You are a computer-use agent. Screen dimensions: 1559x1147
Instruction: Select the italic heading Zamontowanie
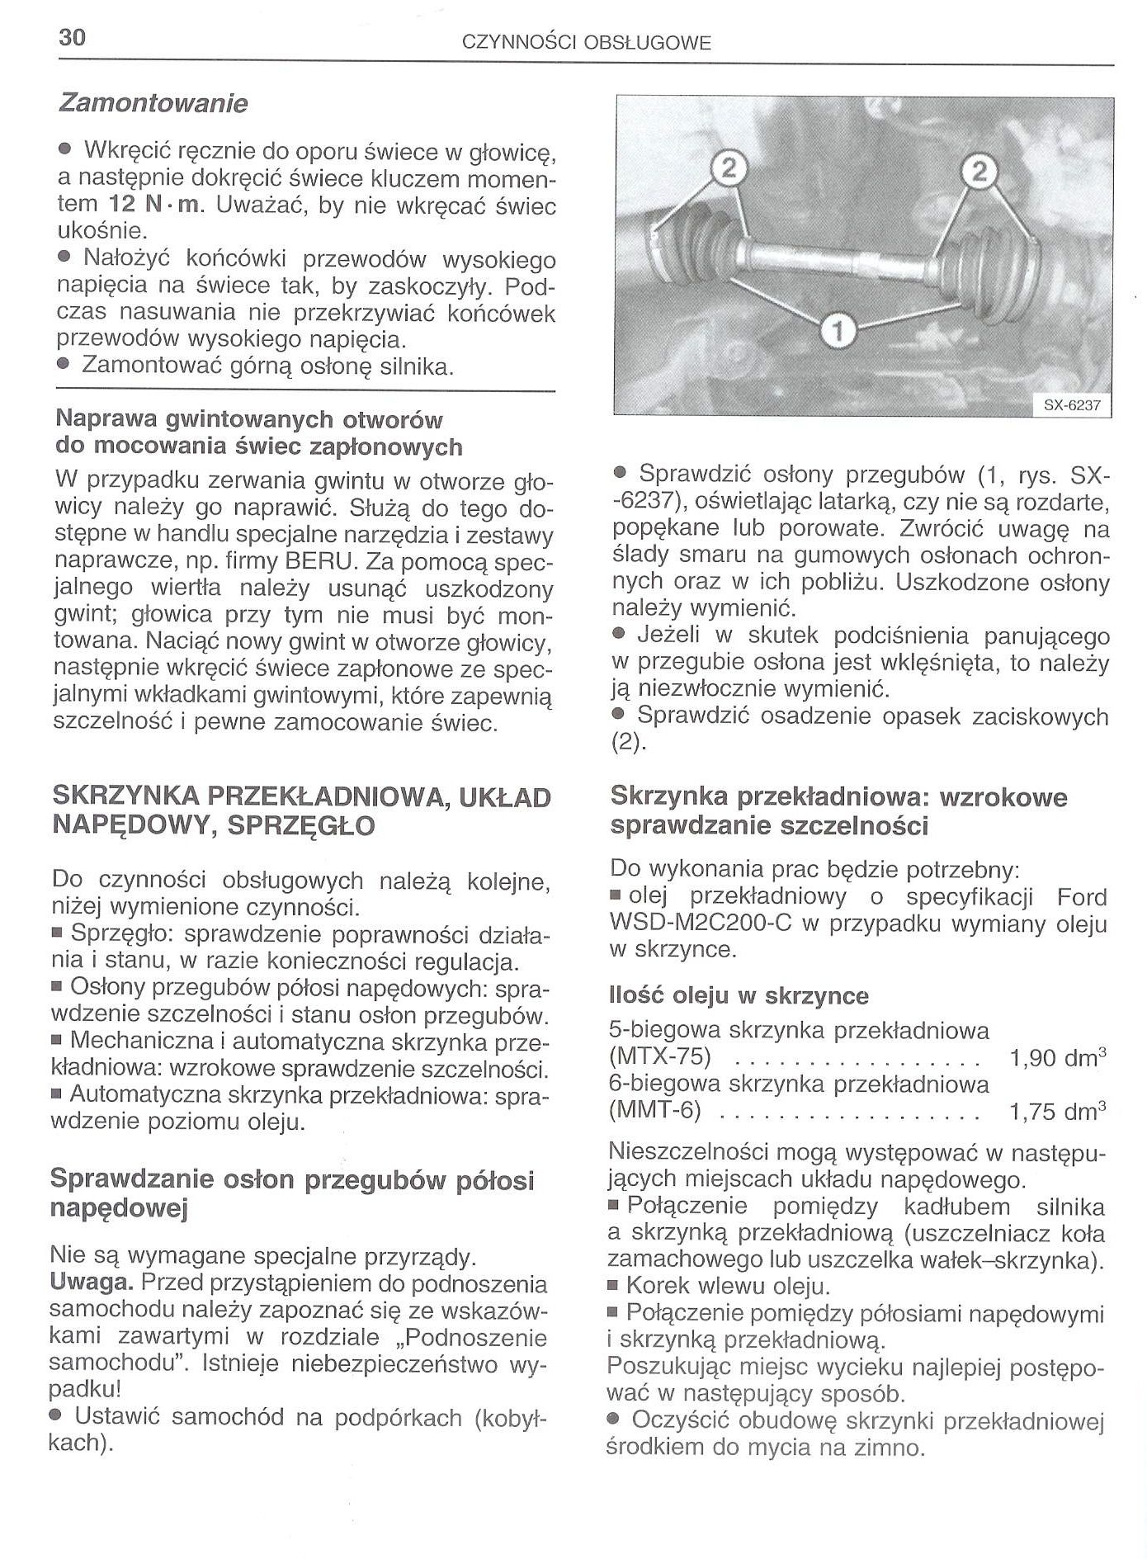coord(153,104)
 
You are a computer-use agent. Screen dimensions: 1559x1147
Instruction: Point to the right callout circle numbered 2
coord(979,172)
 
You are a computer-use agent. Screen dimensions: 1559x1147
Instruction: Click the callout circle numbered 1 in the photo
coord(838,331)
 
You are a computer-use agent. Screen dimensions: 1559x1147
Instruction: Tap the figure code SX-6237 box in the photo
coord(1072,406)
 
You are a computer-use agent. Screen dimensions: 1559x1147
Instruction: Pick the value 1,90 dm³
coord(1057,1058)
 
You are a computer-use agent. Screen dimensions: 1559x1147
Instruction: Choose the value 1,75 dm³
coord(1057,1112)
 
